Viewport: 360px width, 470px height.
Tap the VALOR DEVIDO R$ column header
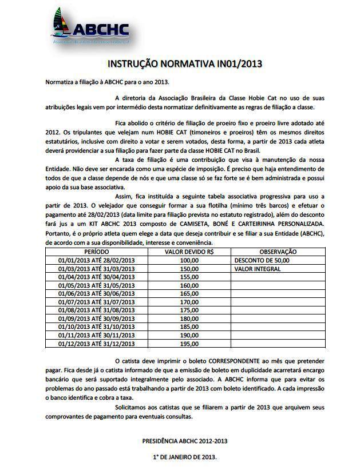[188, 252]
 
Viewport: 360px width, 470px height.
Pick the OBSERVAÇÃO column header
[278, 252]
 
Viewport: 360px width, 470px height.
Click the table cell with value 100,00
[189, 260]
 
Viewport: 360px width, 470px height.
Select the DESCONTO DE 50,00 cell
[262, 260]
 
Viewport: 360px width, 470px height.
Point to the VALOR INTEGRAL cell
[257, 268]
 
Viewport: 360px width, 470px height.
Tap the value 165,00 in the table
[189, 293]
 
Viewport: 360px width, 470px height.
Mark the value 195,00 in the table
[189, 344]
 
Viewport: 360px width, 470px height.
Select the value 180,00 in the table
[189, 318]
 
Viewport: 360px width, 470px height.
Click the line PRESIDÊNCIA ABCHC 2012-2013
[184, 441]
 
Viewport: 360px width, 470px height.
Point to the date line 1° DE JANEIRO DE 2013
[184, 458]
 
